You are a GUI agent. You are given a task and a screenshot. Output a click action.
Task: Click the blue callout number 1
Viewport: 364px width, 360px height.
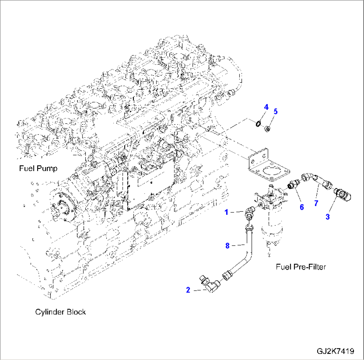coord(226,211)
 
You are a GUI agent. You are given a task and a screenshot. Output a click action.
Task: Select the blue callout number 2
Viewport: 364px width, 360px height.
coord(188,290)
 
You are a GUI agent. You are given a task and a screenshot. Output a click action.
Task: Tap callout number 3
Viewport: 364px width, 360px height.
coord(328,217)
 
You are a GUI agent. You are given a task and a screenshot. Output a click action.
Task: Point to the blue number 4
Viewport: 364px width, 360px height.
coord(266,107)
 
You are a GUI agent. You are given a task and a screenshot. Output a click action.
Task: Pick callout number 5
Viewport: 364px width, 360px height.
coord(275,112)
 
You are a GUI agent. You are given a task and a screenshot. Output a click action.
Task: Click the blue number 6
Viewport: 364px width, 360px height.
coord(302,207)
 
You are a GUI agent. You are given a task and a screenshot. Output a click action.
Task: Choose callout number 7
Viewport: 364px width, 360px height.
coord(316,203)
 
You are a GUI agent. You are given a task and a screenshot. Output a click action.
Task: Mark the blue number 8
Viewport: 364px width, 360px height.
coord(227,246)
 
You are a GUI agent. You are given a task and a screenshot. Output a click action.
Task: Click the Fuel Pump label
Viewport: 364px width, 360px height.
coord(38,168)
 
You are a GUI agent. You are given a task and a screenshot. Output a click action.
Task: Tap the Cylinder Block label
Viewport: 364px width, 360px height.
coord(60,312)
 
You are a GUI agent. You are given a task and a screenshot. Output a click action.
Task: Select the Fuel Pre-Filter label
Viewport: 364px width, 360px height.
coord(301,266)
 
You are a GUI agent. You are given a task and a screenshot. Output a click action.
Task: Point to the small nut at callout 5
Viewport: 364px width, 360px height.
coord(267,129)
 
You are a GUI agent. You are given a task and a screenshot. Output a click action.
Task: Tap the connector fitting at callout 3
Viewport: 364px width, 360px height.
coord(342,194)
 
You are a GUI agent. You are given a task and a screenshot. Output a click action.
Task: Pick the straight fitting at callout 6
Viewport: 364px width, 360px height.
coord(293,184)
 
